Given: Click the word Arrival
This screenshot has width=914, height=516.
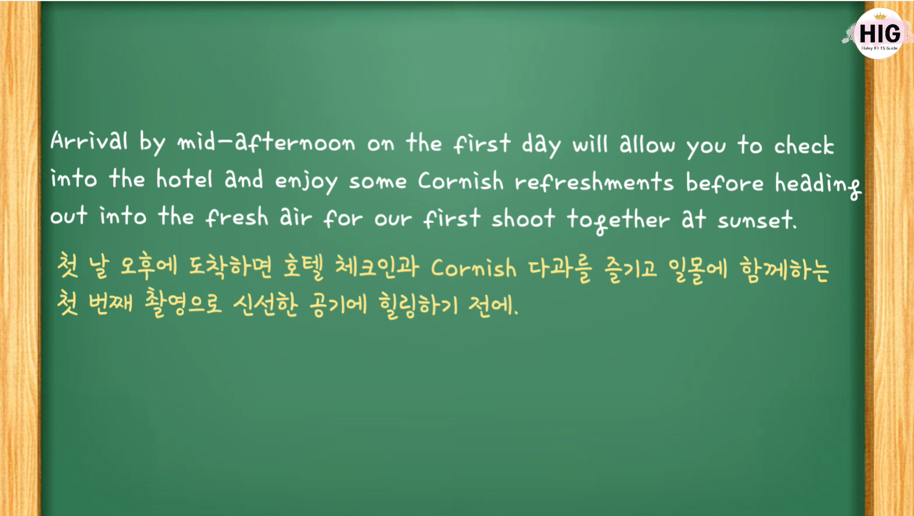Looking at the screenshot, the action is pyautogui.click(x=89, y=141).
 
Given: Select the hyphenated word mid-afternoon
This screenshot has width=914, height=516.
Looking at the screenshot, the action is pyautogui.click(x=266, y=143).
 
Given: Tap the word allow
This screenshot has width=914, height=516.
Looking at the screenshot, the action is pyautogui.click(x=648, y=144).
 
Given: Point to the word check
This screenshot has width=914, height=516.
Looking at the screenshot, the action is pyautogui.click(x=804, y=145).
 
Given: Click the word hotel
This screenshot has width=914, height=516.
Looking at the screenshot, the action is pyautogui.click(x=185, y=179).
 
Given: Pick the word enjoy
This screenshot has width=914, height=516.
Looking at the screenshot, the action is pyautogui.click(x=307, y=181).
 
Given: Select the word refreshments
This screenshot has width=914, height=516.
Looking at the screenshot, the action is pyautogui.click(x=594, y=181).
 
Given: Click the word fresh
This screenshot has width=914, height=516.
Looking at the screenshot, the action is pyautogui.click(x=237, y=217).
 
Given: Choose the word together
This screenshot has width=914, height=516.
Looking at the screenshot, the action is pyautogui.click(x=618, y=221).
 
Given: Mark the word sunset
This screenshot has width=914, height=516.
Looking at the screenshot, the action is pyautogui.click(x=758, y=221).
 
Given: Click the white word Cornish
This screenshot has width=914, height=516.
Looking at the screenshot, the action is pyautogui.click(x=461, y=181).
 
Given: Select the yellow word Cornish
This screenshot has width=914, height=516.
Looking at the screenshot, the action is pyautogui.click(x=474, y=268).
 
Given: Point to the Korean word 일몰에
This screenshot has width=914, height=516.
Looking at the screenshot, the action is pyautogui.click(x=698, y=270).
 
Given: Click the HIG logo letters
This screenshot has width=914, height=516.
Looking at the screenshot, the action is pyautogui.click(x=879, y=33).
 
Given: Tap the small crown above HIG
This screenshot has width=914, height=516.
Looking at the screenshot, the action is pyautogui.click(x=880, y=16).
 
